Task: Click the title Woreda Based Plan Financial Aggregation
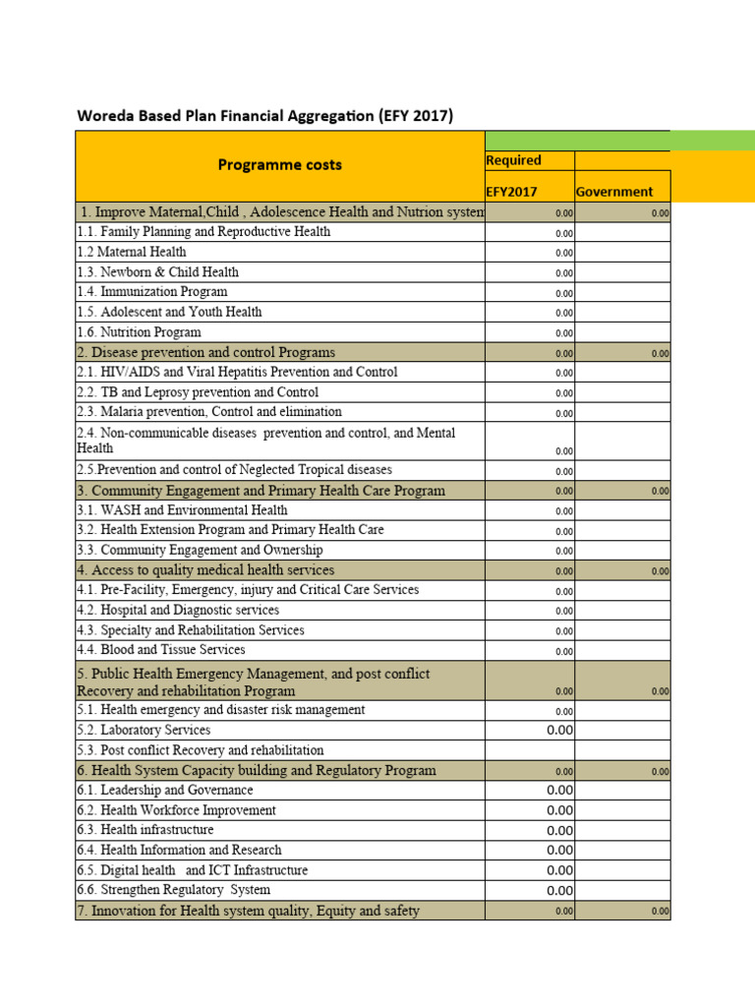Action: [x=264, y=116]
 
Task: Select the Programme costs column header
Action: [x=279, y=164]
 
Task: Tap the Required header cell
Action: [x=514, y=160]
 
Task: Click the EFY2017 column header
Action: [x=512, y=192]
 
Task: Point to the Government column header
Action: [x=614, y=192]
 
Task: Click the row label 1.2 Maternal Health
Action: [x=132, y=252]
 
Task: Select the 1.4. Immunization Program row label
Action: [x=152, y=292]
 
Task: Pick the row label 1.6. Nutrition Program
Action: [x=139, y=332]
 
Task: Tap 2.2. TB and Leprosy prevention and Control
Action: [x=198, y=392]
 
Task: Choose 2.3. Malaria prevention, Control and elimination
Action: [x=209, y=412]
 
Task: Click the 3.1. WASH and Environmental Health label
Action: [x=182, y=510]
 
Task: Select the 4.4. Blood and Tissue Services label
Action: [x=161, y=650]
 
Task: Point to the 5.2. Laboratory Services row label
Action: [x=144, y=731]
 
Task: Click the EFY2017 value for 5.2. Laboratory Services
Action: [x=559, y=731]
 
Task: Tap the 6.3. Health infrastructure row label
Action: [x=145, y=830]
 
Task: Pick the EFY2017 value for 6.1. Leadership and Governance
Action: [x=559, y=791]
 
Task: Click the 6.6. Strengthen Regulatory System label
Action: [x=173, y=890]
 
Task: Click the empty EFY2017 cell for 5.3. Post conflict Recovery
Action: [x=530, y=750]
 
